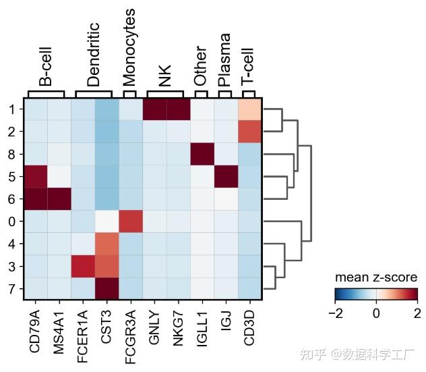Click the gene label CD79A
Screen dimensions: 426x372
35,331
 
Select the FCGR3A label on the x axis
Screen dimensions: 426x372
130,337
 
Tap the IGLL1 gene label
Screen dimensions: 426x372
202,329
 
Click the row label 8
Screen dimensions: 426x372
11,155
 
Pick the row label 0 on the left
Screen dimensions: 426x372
11,222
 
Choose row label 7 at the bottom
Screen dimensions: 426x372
11,289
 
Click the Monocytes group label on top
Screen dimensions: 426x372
129,47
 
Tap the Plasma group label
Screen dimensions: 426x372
224,59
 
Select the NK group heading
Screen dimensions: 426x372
165,76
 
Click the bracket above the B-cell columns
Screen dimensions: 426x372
47,91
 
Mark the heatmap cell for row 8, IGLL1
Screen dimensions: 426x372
202,154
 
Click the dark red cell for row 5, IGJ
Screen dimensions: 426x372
226,176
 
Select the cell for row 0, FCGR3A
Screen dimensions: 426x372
131,221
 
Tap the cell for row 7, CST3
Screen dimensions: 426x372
106,288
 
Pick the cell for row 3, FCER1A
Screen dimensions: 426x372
83,266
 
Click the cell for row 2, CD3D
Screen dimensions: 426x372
249,132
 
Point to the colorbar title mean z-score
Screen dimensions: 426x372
376,277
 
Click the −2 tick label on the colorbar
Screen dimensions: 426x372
336,314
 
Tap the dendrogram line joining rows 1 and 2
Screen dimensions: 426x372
282,120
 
